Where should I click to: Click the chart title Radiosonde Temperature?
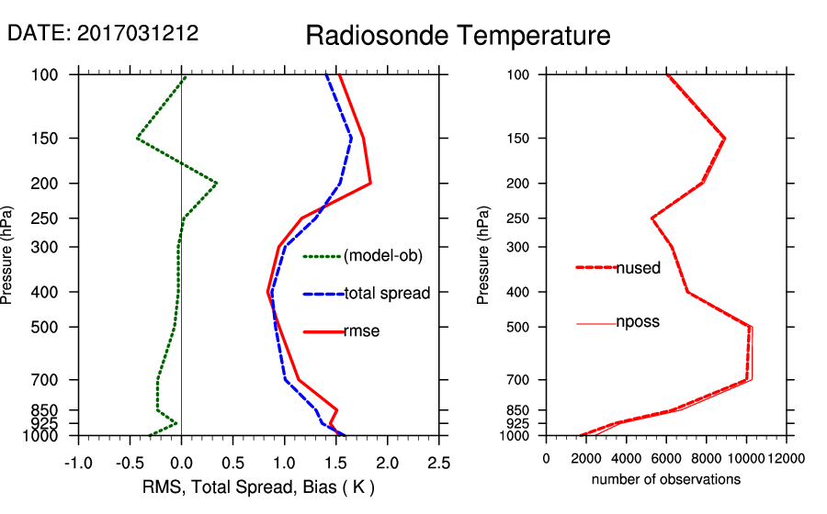click(x=458, y=36)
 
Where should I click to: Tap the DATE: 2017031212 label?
click(x=103, y=33)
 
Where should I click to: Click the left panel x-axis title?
click(x=258, y=486)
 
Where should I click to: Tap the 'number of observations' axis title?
click(x=666, y=479)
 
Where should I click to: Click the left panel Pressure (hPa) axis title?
click(x=8, y=255)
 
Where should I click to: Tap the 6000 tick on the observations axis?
click(x=666, y=458)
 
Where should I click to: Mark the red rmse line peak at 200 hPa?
click(x=370, y=184)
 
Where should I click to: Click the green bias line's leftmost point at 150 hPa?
click(x=137, y=139)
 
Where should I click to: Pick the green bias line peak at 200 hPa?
click(x=216, y=184)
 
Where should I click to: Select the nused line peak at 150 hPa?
click(x=725, y=139)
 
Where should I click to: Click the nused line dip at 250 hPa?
click(x=651, y=218)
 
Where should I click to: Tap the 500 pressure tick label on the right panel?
click(x=518, y=327)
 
